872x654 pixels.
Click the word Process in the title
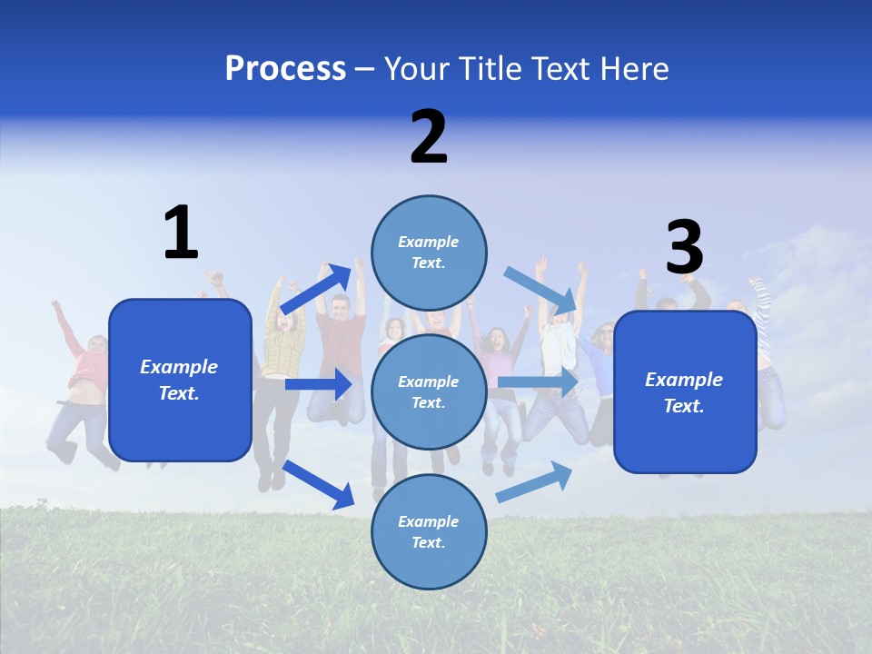point(285,68)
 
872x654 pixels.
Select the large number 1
point(181,233)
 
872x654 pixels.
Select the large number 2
point(429,137)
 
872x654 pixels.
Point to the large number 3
point(684,248)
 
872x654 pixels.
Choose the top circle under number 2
point(429,253)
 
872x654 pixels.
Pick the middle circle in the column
point(429,391)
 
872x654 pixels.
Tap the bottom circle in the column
point(429,531)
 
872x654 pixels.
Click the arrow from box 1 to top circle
point(316,290)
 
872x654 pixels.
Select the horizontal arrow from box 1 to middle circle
point(318,384)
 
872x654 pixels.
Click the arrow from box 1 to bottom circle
point(319,484)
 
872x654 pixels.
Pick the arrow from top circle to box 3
point(540,290)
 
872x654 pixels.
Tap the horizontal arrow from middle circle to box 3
point(538,382)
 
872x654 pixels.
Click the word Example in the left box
point(179,367)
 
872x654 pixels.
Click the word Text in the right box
point(682,406)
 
